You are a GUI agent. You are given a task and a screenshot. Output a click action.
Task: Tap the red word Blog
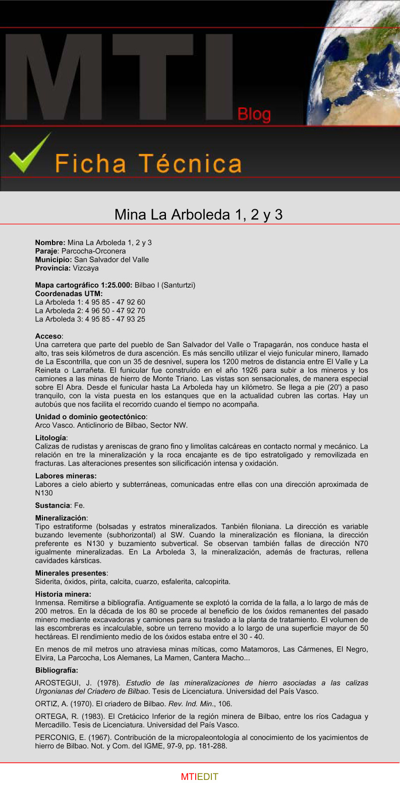point(254,115)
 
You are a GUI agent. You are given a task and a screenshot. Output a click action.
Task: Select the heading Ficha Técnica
point(148,163)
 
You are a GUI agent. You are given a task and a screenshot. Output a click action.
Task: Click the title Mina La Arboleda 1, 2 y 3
point(198,214)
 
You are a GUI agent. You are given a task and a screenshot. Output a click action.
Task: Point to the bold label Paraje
point(46,251)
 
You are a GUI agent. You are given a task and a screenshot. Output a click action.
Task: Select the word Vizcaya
point(85,268)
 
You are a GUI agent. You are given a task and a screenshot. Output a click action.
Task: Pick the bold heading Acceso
point(48,336)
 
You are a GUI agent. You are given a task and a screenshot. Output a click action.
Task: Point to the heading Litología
point(50,438)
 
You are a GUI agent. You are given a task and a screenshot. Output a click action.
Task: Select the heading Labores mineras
point(66,476)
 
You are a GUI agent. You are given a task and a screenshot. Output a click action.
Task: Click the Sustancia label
point(52,505)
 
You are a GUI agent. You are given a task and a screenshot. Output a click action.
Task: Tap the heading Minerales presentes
point(71,573)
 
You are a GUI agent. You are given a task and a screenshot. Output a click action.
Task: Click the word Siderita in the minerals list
point(48,582)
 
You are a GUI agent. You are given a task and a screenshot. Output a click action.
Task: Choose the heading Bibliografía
point(56,670)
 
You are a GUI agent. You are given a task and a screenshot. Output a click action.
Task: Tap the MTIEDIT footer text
point(199,777)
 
